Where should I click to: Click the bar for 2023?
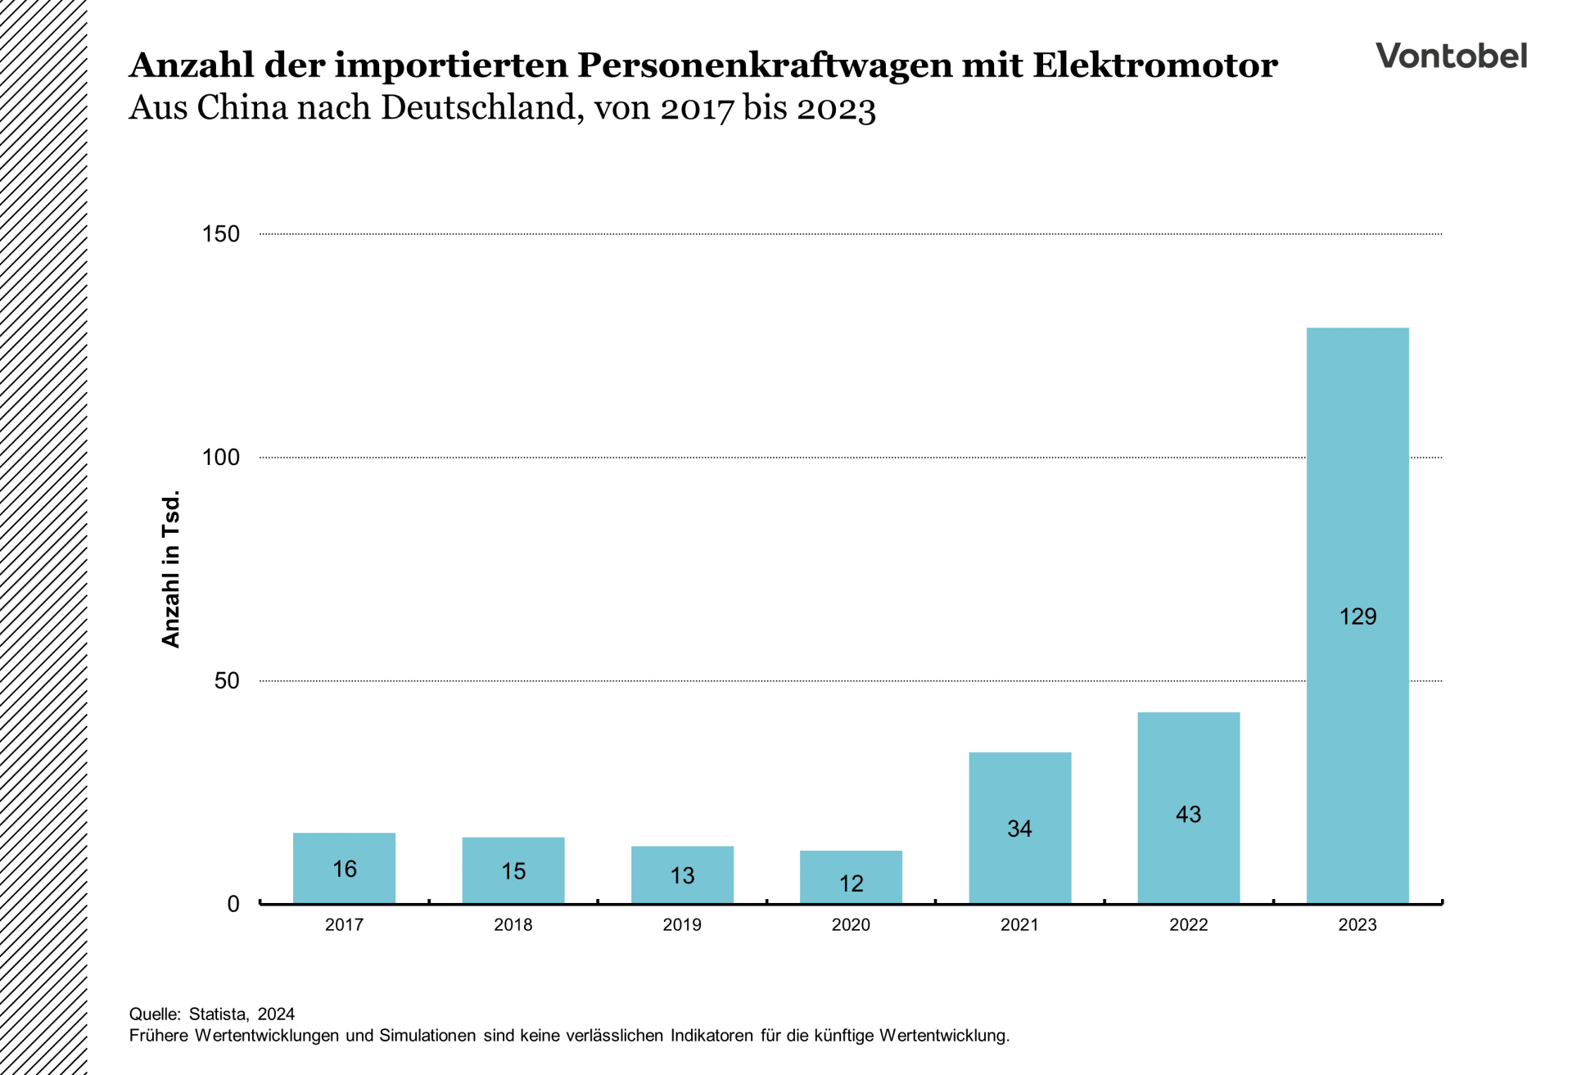(x=1357, y=491)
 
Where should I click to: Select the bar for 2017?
(x=344, y=851)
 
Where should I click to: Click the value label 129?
(x=1357, y=617)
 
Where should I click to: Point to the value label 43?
(x=1188, y=815)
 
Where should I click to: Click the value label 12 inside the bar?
(x=851, y=883)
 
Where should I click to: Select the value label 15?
(x=513, y=871)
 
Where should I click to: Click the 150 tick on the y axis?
(x=221, y=234)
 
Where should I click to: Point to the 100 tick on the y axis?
(x=221, y=458)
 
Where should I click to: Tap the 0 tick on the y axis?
(x=233, y=904)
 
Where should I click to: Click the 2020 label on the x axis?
(x=851, y=925)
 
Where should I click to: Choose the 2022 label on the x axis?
(x=1188, y=925)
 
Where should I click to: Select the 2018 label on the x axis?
(x=513, y=925)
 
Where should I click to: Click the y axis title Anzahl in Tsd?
(x=170, y=569)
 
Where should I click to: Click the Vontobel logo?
(x=1451, y=56)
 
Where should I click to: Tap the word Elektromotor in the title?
(x=1154, y=65)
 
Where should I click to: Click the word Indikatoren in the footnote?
(x=711, y=1036)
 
